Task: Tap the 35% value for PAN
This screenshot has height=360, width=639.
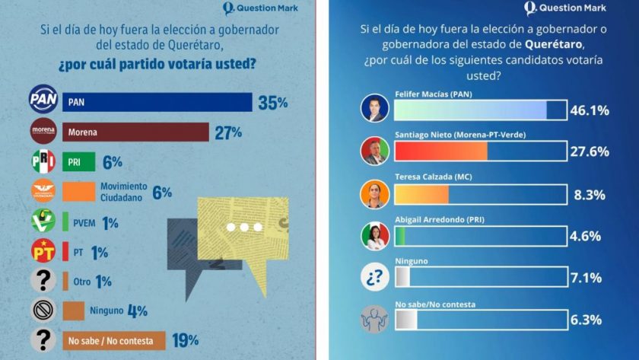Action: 272,102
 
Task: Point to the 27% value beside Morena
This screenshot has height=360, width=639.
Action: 227,132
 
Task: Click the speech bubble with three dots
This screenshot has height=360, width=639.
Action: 243,228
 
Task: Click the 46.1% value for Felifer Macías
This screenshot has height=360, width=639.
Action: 590,111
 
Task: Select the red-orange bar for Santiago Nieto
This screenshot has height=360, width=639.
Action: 441,151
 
